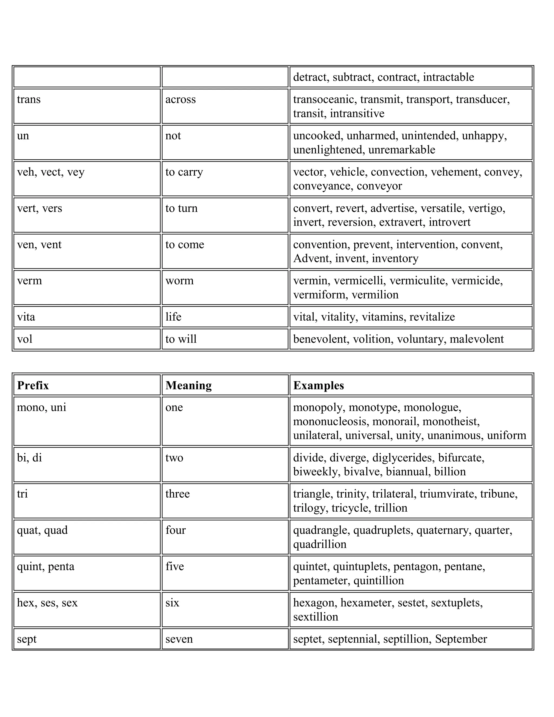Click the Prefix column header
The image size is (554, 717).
(x=33, y=385)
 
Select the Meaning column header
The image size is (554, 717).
(x=188, y=385)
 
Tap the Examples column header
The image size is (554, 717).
(x=318, y=385)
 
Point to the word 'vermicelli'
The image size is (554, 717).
(x=358, y=281)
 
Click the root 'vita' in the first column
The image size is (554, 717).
(x=26, y=317)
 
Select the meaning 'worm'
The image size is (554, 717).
(x=180, y=281)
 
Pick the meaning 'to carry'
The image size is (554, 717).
(x=184, y=172)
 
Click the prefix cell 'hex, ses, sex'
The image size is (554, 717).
(x=47, y=603)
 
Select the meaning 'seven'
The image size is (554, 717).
(x=179, y=639)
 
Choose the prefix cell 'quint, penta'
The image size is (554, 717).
(x=46, y=566)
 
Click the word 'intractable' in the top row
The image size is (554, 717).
(x=448, y=77)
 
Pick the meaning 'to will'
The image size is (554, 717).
(x=181, y=339)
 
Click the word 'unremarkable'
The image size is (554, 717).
(x=401, y=150)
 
